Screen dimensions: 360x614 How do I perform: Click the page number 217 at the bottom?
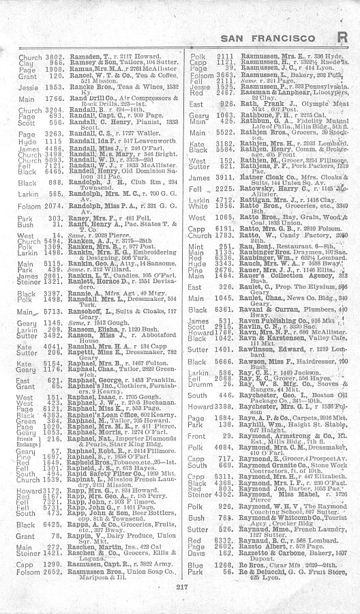point(180,588)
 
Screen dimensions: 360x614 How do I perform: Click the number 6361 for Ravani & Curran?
point(222,308)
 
